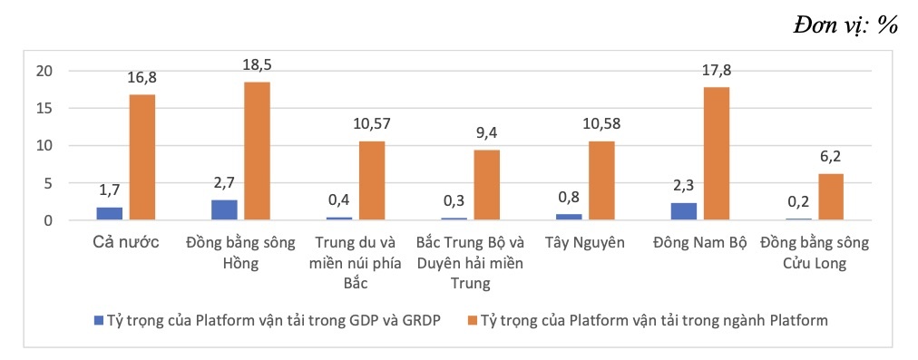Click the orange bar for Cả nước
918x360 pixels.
click(142, 157)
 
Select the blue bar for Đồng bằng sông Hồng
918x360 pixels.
click(224, 209)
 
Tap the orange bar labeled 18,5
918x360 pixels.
click(257, 151)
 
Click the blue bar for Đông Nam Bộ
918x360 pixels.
click(685, 211)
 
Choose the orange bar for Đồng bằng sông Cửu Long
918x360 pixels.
click(831, 197)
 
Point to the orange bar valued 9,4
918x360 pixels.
click(487, 185)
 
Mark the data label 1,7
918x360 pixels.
click(110, 191)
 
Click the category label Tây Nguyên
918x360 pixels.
click(585, 243)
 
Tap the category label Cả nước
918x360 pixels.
click(124, 243)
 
